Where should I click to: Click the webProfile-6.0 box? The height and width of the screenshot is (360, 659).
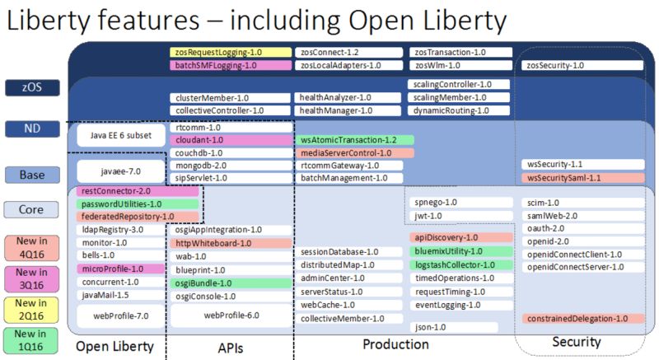coord(231,315)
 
